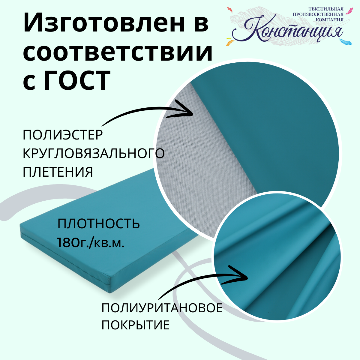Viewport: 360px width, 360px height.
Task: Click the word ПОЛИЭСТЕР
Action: (x=63, y=135)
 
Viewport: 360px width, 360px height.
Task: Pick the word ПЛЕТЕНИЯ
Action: (x=58, y=172)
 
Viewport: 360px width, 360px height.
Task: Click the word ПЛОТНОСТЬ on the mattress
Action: (x=99, y=224)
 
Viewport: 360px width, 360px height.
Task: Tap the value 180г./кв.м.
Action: (x=90, y=242)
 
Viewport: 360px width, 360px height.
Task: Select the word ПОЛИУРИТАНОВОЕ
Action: (x=162, y=308)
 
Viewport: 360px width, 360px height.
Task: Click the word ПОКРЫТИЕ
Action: (x=136, y=325)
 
